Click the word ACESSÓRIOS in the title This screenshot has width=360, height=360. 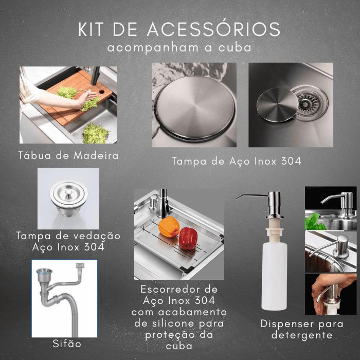click(213, 29)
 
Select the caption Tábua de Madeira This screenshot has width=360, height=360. click(68, 155)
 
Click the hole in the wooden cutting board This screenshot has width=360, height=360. click(101, 92)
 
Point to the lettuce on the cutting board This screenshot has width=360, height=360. click(67, 93)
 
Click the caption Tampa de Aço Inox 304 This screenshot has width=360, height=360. click(237, 161)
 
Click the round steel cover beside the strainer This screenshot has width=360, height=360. click(277, 105)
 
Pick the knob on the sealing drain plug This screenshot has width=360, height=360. click(68, 193)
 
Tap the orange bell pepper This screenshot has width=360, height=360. click(169, 227)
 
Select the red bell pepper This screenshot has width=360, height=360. click(188, 238)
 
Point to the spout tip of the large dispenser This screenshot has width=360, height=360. click(236, 199)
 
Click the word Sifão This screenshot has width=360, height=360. click(67, 344)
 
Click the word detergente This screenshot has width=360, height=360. click(302, 335)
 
